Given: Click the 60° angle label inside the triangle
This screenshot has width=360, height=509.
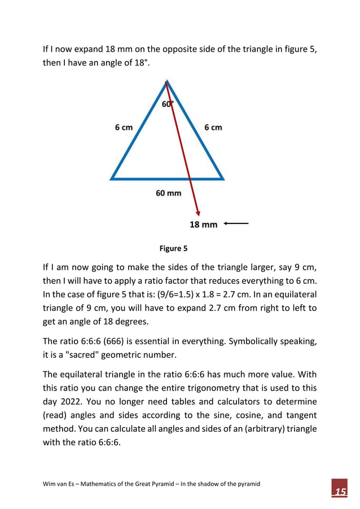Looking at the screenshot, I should pyautogui.click(x=168, y=104).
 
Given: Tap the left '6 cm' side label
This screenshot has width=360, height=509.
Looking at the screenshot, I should pyautogui.click(x=124, y=128).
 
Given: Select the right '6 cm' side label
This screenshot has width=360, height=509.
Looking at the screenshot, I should pyautogui.click(x=213, y=128).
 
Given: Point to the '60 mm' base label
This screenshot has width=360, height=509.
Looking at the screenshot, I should pyautogui.click(x=168, y=194).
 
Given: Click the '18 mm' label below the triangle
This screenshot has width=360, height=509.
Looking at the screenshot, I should pyautogui.click(x=203, y=225).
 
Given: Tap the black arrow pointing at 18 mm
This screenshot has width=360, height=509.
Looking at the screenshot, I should pyautogui.click(x=236, y=224).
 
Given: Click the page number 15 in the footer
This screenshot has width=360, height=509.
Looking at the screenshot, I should pyautogui.click(x=339, y=492).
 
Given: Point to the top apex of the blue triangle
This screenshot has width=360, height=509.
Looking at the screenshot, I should pyautogui.click(x=166, y=82).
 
